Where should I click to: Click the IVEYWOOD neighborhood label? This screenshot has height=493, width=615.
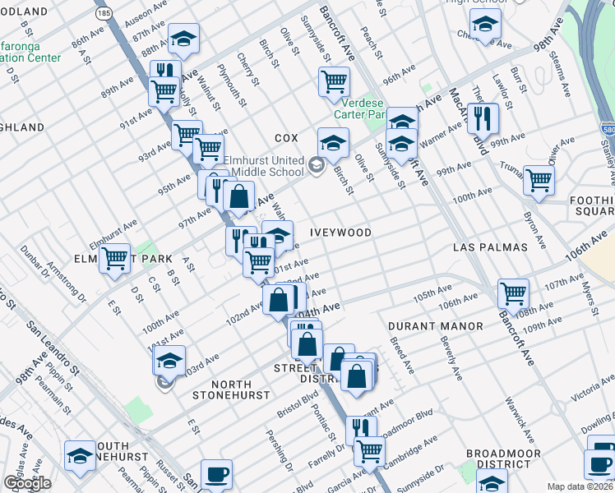[340, 233]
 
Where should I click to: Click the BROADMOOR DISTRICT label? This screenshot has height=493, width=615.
[503, 459]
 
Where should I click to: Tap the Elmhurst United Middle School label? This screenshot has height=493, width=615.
[261, 166]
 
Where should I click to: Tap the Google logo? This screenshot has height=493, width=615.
[27, 483]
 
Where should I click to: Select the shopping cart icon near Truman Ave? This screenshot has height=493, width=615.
[539, 177]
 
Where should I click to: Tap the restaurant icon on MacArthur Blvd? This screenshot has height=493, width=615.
[483, 117]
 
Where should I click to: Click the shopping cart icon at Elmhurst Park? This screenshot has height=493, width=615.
[115, 258]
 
